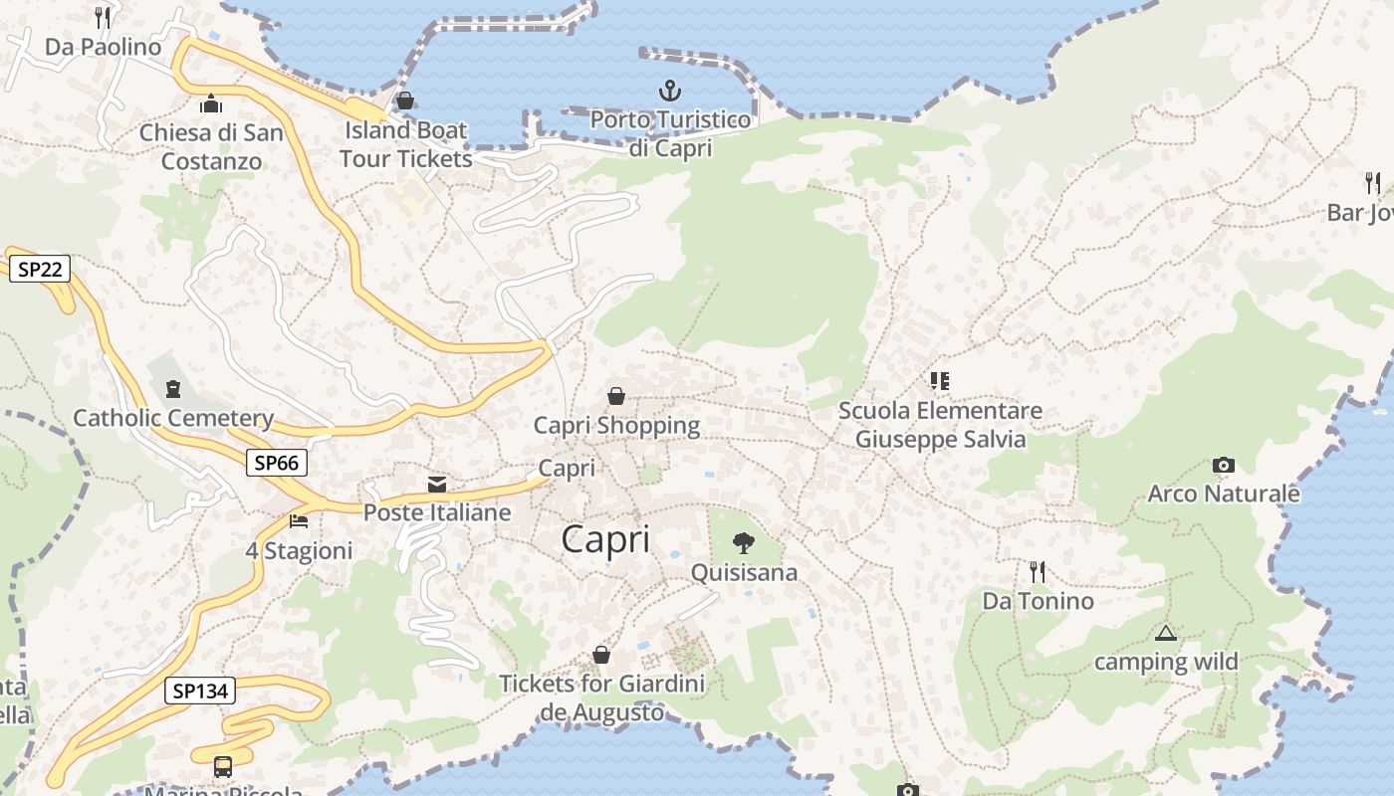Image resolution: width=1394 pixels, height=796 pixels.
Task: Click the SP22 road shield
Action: coord(40,268)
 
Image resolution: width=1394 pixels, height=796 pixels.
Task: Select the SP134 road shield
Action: coord(200,691)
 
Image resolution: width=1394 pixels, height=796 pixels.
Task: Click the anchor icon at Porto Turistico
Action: coord(670,92)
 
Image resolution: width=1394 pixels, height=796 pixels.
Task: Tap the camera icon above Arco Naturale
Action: coord(1224,465)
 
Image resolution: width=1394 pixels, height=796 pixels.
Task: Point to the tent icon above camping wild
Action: coord(1165,633)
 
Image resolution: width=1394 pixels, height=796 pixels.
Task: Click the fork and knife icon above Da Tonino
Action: coord(1037,571)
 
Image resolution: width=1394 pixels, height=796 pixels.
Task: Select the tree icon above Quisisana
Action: coord(743,542)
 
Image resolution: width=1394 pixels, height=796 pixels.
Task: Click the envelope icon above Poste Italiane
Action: coord(436,485)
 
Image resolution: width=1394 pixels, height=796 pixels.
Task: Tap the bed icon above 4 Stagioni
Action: coord(299,521)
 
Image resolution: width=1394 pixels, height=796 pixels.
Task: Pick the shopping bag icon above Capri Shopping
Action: coord(616,396)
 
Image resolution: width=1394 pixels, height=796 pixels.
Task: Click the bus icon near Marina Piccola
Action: coord(223,767)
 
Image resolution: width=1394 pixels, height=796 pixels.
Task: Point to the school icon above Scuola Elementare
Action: coord(939,380)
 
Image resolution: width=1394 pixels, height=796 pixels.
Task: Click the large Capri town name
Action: coord(605,539)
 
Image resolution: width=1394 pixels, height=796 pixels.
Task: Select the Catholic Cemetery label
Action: coord(173,418)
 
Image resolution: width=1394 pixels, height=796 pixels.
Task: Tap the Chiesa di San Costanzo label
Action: coord(211,146)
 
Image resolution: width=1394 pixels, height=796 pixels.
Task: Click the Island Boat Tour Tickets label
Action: coord(405,144)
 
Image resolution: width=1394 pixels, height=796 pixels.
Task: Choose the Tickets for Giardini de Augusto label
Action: coord(601,697)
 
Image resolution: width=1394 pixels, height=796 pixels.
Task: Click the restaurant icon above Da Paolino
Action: coord(103,17)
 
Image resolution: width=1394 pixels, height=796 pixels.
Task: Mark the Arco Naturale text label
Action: coord(1224,494)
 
